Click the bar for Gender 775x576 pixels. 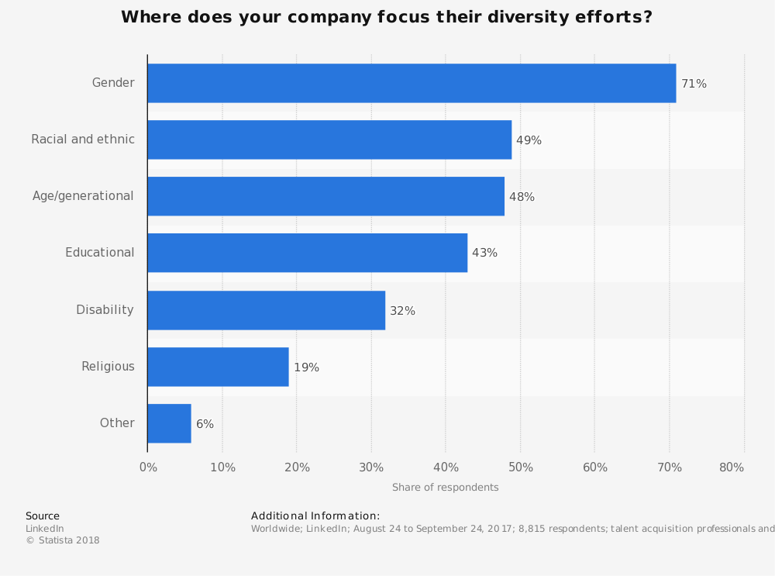[412, 83]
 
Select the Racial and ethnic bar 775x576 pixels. [329, 140]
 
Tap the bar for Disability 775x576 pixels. [266, 310]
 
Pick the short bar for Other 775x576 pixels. [169, 423]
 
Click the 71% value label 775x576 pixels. [694, 84]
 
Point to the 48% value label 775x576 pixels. [522, 197]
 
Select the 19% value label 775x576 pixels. [306, 367]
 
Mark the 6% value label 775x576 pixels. [205, 424]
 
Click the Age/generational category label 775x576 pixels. [83, 196]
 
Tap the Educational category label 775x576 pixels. [99, 253]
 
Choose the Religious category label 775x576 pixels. [108, 367]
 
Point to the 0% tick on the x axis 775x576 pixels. [148, 467]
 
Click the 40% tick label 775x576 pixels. [446, 467]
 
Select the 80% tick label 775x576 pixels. [732, 467]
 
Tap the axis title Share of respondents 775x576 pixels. [445, 488]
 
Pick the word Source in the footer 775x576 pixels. [43, 516]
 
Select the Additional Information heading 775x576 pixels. [315, 516]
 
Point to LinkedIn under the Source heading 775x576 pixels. [45, 529]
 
